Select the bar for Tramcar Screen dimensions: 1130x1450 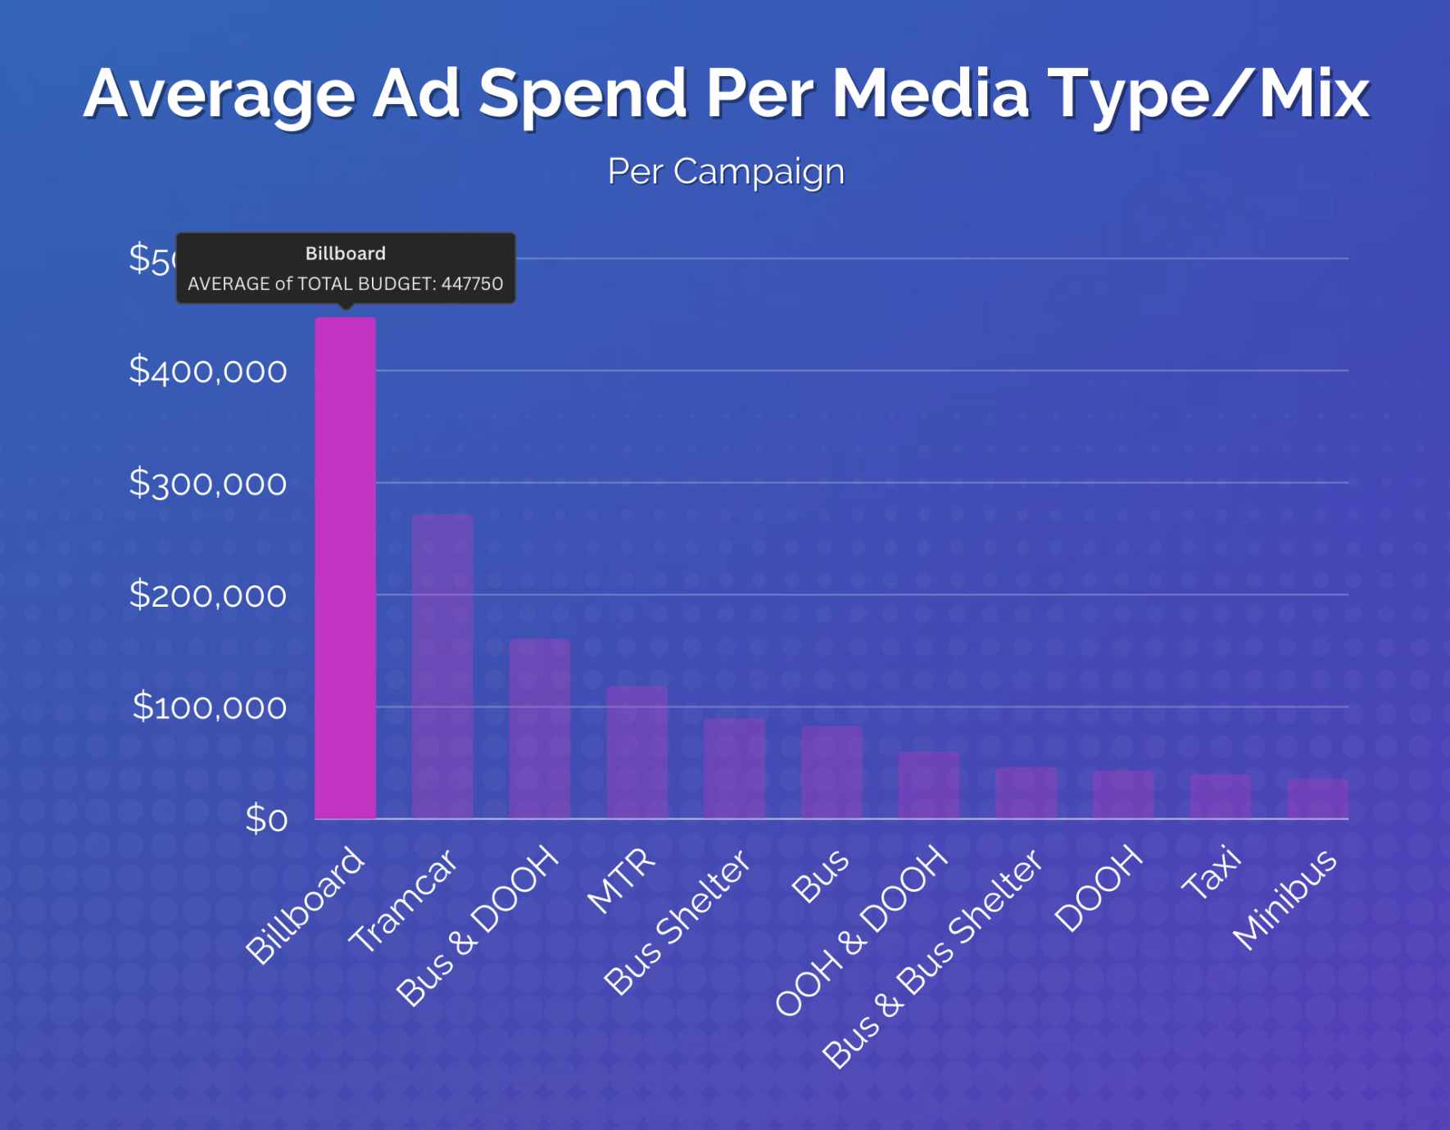click(442, 667)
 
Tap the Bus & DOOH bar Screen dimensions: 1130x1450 click(539, 729)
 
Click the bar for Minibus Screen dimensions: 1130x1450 click(1317, 798)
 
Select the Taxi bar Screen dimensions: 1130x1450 click(1221, 796)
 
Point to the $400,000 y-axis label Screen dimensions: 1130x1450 click(208, 372)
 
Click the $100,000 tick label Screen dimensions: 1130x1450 click(210, 707)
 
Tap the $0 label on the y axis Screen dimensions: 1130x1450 click(266, 819)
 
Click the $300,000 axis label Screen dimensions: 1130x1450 click(208, 484)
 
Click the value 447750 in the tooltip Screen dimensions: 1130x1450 click(472, 284)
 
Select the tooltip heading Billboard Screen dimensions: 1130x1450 click(345, 254)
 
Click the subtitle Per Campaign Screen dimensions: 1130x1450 click(726, 171)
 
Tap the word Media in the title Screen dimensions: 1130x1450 click(930, 93)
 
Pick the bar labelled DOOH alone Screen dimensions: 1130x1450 click(1123, 794)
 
